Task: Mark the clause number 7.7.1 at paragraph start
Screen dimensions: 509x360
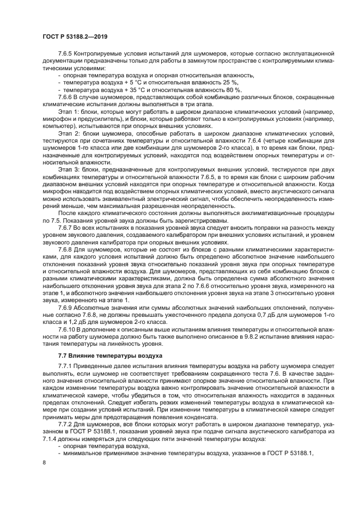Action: (68, 366)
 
